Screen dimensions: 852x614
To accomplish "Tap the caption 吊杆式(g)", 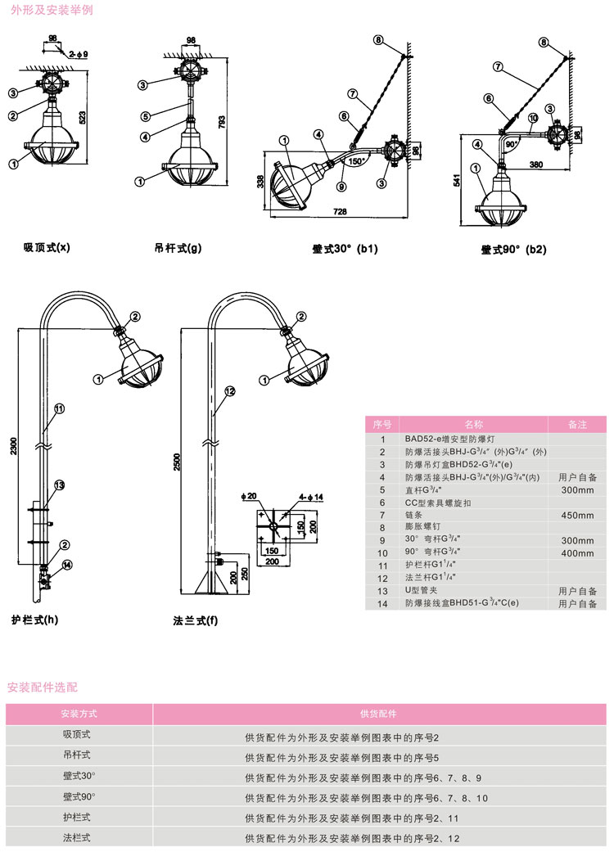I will click(x=178, y=246).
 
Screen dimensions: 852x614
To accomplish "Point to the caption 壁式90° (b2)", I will click(x=513, y=249).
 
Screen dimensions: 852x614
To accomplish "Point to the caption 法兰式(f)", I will click(x=196, y=619).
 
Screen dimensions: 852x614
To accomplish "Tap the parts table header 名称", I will click(x=474, y=424).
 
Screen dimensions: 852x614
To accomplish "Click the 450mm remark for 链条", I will click(x=577, y=515).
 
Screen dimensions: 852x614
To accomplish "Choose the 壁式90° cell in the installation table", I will click(x=79, y=796).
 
